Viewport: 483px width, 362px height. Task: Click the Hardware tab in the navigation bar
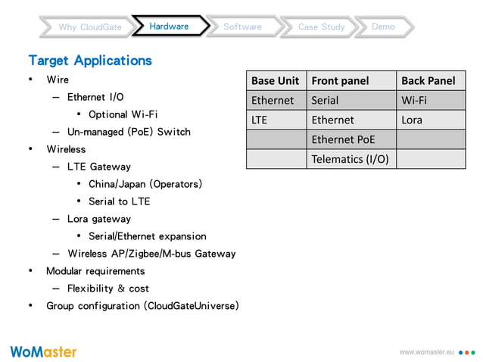169,27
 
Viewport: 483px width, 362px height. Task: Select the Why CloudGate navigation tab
90,27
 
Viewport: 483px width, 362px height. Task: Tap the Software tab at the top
242,27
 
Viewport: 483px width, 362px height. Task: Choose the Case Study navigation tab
321,27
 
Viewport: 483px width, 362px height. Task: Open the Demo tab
383,27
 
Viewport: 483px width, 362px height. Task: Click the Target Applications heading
90,60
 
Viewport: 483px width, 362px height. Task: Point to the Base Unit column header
276,80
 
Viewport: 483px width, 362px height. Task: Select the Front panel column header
340,80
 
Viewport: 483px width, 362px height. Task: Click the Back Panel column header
428,80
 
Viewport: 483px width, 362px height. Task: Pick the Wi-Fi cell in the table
414,100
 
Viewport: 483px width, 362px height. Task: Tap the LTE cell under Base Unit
260,120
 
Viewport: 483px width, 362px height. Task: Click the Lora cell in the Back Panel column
412,120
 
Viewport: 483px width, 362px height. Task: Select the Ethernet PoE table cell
343,139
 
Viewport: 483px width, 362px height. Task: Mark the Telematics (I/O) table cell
350,159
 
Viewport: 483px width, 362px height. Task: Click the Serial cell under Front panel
326,100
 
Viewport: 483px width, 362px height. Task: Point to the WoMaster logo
43,351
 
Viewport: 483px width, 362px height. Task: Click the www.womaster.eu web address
425,353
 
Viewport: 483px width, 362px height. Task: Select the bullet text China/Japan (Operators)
145,184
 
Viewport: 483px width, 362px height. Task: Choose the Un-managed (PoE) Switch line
129,132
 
